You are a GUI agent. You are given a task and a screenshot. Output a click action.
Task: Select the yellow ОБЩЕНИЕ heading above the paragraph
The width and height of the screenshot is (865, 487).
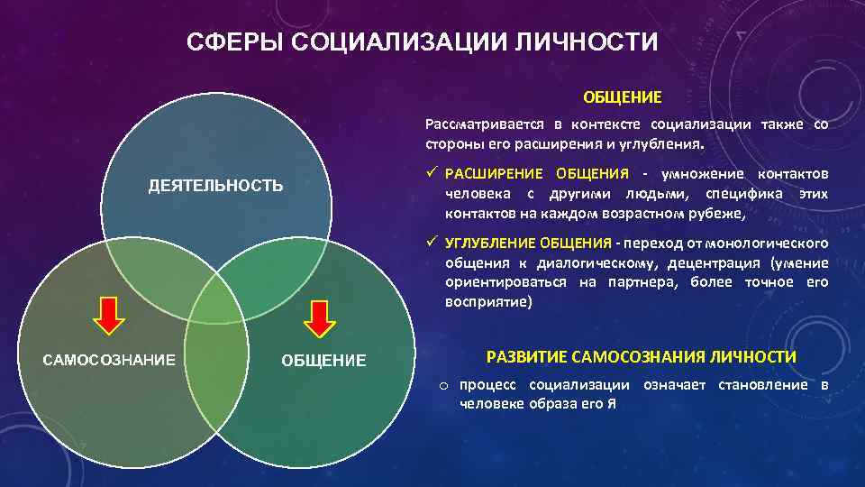point(622,96)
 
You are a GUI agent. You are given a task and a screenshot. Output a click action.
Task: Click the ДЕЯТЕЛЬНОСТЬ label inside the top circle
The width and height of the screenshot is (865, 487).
point(215,186)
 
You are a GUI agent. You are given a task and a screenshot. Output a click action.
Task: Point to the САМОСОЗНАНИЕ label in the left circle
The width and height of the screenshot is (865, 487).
point(109,360)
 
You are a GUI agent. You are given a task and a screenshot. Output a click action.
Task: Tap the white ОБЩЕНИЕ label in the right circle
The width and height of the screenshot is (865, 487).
point(323,361)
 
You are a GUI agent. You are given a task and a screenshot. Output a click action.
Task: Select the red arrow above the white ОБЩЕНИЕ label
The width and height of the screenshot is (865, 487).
point(318,315)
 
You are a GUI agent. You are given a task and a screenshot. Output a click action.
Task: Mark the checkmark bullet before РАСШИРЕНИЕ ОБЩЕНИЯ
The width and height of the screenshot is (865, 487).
point(432,173)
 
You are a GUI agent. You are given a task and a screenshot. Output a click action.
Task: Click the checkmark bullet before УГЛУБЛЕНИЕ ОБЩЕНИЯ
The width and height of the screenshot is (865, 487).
point(432,243)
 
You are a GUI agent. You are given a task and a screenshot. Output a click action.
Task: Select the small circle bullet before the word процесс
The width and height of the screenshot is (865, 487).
point(444,387)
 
